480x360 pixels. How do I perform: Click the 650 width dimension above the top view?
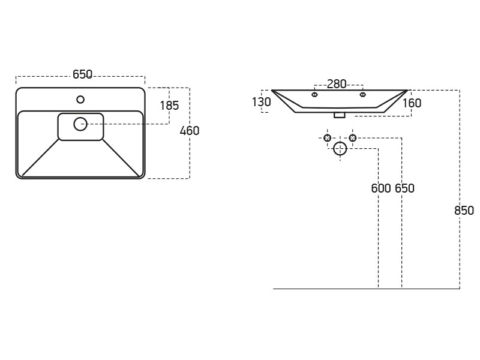pyautogui.click(x=82, y=74)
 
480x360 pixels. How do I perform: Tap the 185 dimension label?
pyautogui.click(x=169, y=106)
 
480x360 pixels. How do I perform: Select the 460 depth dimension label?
pyautogui.click(x=190, y=131)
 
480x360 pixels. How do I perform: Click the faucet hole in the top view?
pyautogui.click(x=80, y=100)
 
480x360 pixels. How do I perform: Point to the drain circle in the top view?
pyautogui.click(x=80, y=124)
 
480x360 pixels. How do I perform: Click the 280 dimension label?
pyautogui.click(x=337, y=84)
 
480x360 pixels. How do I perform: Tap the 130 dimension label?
pyautogui.click(x=261, y=102)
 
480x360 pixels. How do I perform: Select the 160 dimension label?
pyautogui.click(x=412, y=103)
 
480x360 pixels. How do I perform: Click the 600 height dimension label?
pyautogui.click(x=381, y=188)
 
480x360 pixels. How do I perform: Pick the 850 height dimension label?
pyautogui.click(x=464, y=211)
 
